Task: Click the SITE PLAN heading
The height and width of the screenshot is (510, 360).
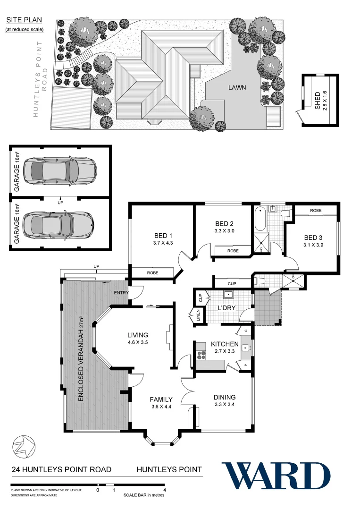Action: tap(24, 20)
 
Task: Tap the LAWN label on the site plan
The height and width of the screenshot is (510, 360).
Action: tap(237, 87)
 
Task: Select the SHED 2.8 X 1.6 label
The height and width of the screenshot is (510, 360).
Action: tap(320, 100)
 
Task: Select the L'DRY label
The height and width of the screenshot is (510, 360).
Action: tap(226, 307)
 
